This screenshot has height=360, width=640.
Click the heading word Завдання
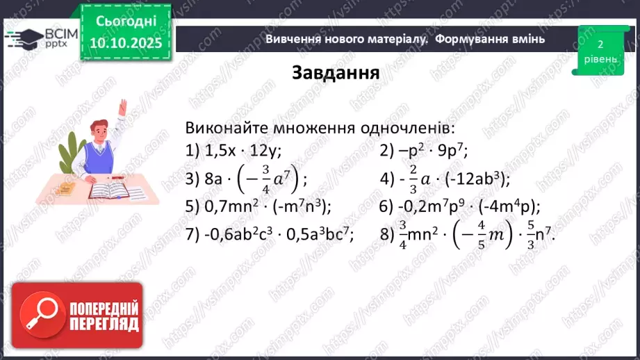(x=336, y=74)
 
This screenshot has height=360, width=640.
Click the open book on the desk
(x=108, y=188)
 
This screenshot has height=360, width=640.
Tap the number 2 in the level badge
(x=600, y=44)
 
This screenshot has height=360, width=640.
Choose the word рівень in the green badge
(x=600, y=60)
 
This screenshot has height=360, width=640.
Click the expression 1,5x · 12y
(x=242, y=150)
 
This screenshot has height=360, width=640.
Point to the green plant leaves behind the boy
(x=71, y=149)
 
